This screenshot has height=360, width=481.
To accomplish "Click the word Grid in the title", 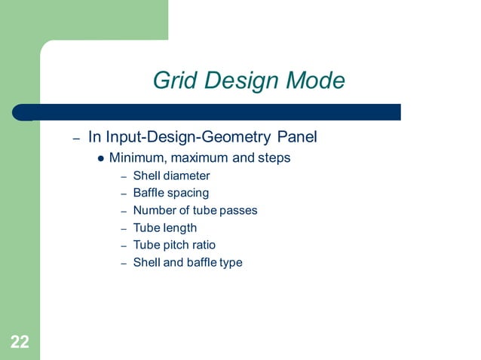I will click(x=173, y=80).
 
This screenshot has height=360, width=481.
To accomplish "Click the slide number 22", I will click(x=20, y=343).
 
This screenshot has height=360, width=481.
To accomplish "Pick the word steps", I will click(x=274, y=158).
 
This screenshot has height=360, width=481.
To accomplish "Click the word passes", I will click(x=237, y=211).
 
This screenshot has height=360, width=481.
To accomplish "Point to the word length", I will click(x=179, y=227).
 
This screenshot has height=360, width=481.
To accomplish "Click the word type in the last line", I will click(x=229, y=263).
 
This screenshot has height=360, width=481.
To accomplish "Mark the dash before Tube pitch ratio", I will click(x=124, y=246).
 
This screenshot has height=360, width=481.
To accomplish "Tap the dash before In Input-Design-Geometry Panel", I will click(x=76, y=139).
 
